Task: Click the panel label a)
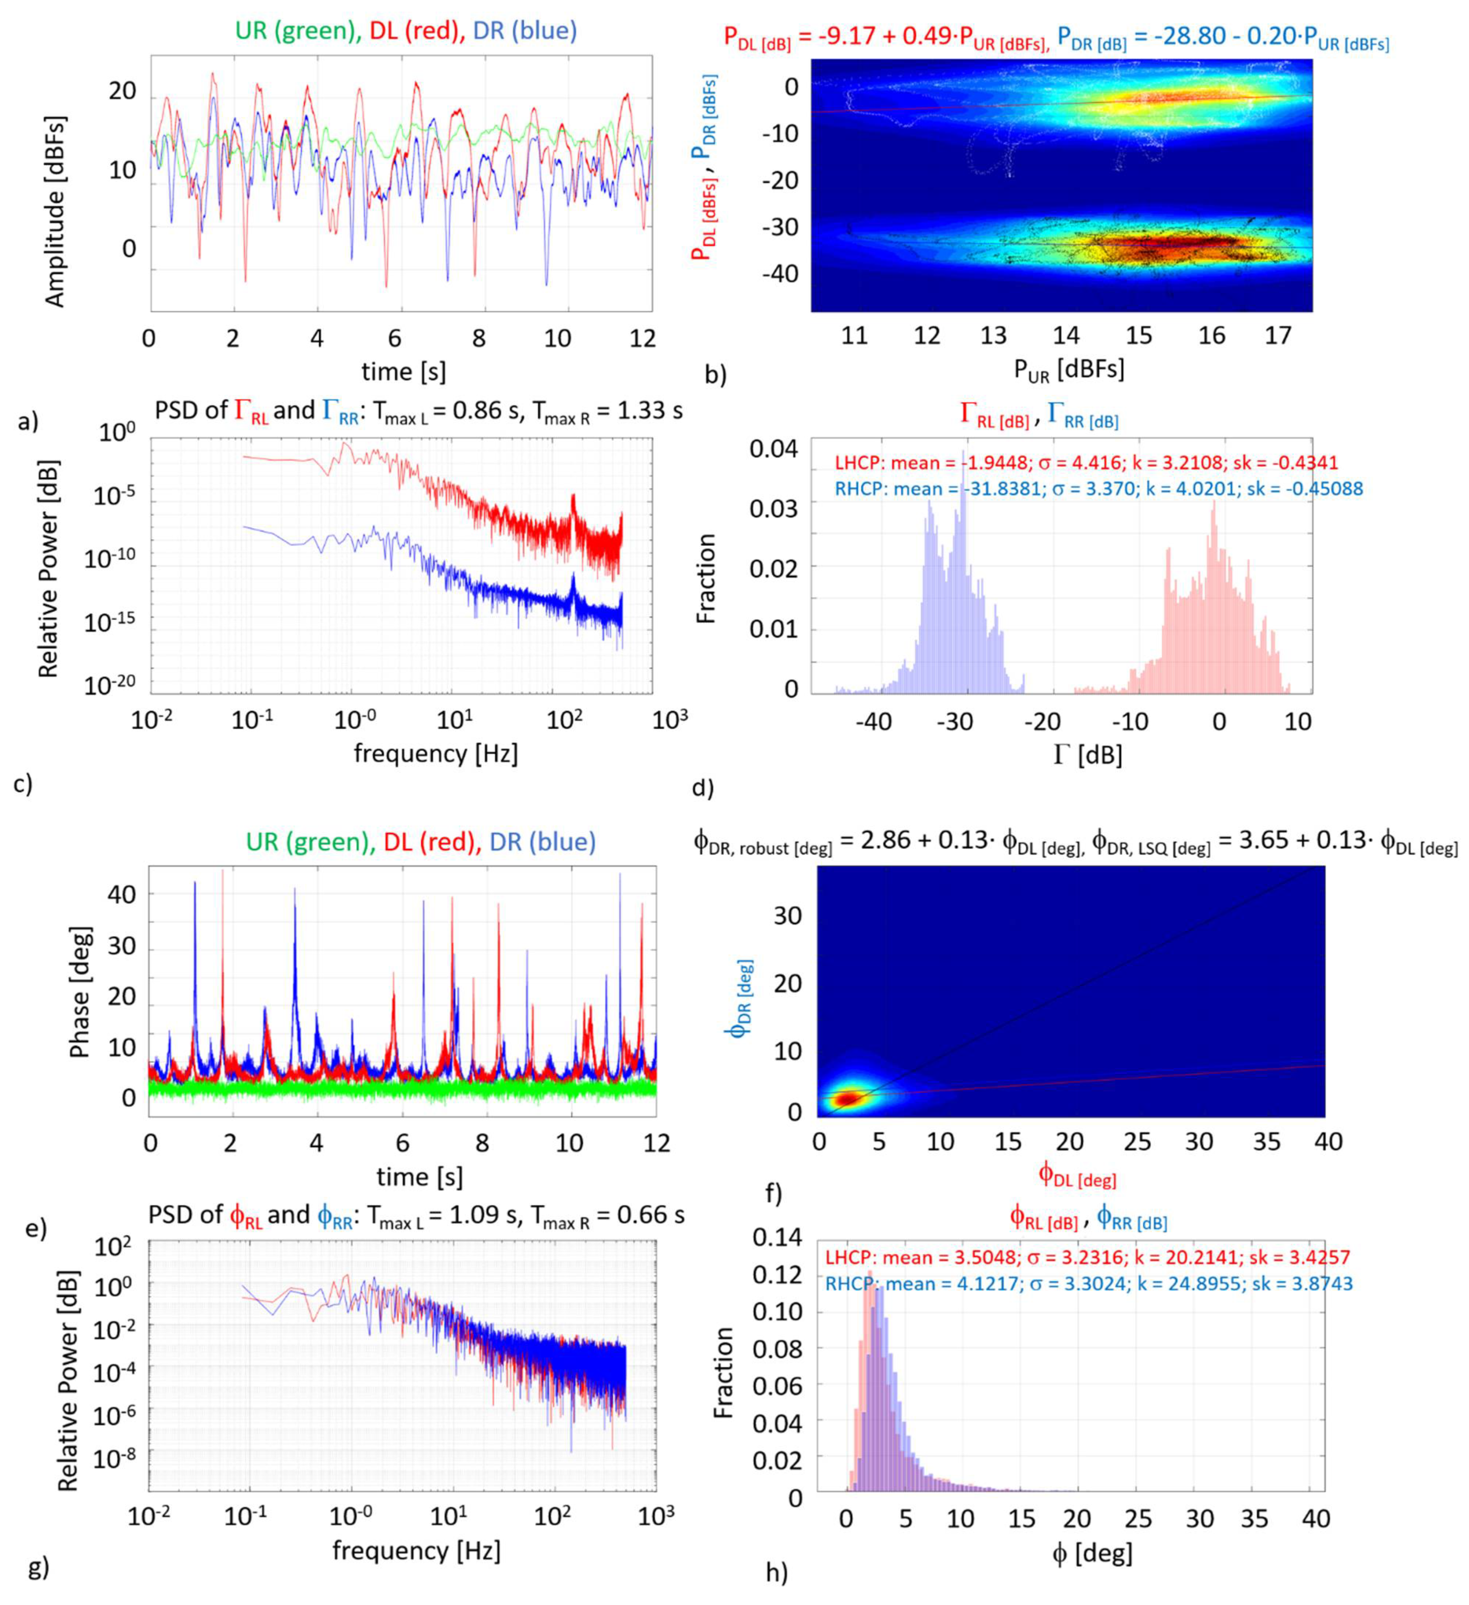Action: tap(27, 422)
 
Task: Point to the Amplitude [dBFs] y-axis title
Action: tap(54, 211)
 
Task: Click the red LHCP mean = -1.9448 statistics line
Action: tap(1085, 462)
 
